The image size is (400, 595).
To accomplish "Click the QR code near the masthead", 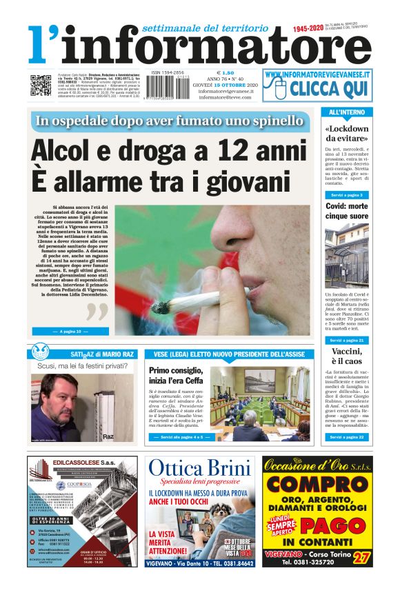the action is click(x=40, y=85).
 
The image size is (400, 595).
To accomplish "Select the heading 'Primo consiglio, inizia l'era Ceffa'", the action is click(x=177, y=376).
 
